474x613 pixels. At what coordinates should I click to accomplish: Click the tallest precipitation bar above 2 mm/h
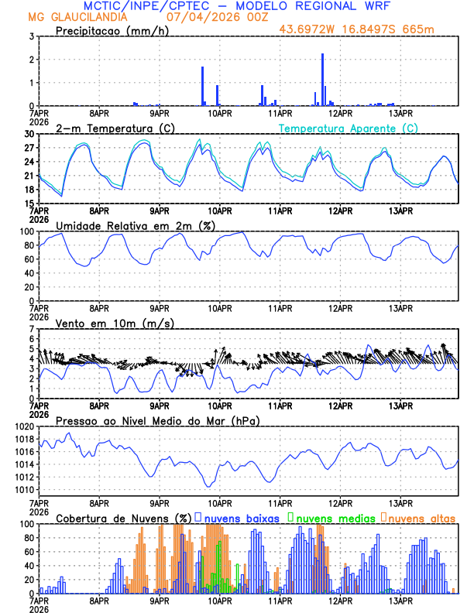[x=322, y=79]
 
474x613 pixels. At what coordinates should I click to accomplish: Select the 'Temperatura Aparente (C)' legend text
[x=349, y=128]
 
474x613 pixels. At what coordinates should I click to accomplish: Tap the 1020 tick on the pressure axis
[x=25, y=426]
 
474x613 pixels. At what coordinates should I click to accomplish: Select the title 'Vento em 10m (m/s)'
[x=115, y=323]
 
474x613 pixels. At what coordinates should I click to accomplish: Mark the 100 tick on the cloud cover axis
[x=27, y=524]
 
